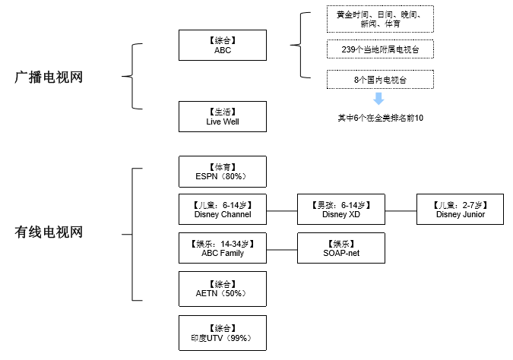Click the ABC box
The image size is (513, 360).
pos(223,45)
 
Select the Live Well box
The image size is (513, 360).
pos(223,116)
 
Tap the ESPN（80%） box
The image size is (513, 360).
pos(223,172)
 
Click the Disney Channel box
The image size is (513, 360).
pos(223,210)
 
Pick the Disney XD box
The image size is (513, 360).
pos(341,210)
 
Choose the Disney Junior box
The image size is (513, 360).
pos(460,210)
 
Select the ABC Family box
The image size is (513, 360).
pos(223,248)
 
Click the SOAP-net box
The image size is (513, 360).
pos(341,248)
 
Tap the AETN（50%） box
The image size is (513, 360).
pos(223,289)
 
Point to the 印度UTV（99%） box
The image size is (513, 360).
pos(223,333)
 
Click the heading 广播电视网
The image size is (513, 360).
pos(49,77)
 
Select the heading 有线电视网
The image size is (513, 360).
pos(49,232)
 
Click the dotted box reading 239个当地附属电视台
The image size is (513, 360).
pos(380,49)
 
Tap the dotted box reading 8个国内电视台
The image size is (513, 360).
pos(380,79)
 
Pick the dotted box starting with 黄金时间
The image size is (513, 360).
pos(380,19)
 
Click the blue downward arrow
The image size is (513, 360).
pos(378,99)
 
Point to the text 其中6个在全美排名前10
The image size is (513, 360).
pos(381,118)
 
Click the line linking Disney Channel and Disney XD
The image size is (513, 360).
pos(282,211)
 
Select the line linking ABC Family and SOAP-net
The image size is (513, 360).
pos(282,250)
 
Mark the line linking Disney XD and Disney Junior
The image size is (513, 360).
pos(401,211)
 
